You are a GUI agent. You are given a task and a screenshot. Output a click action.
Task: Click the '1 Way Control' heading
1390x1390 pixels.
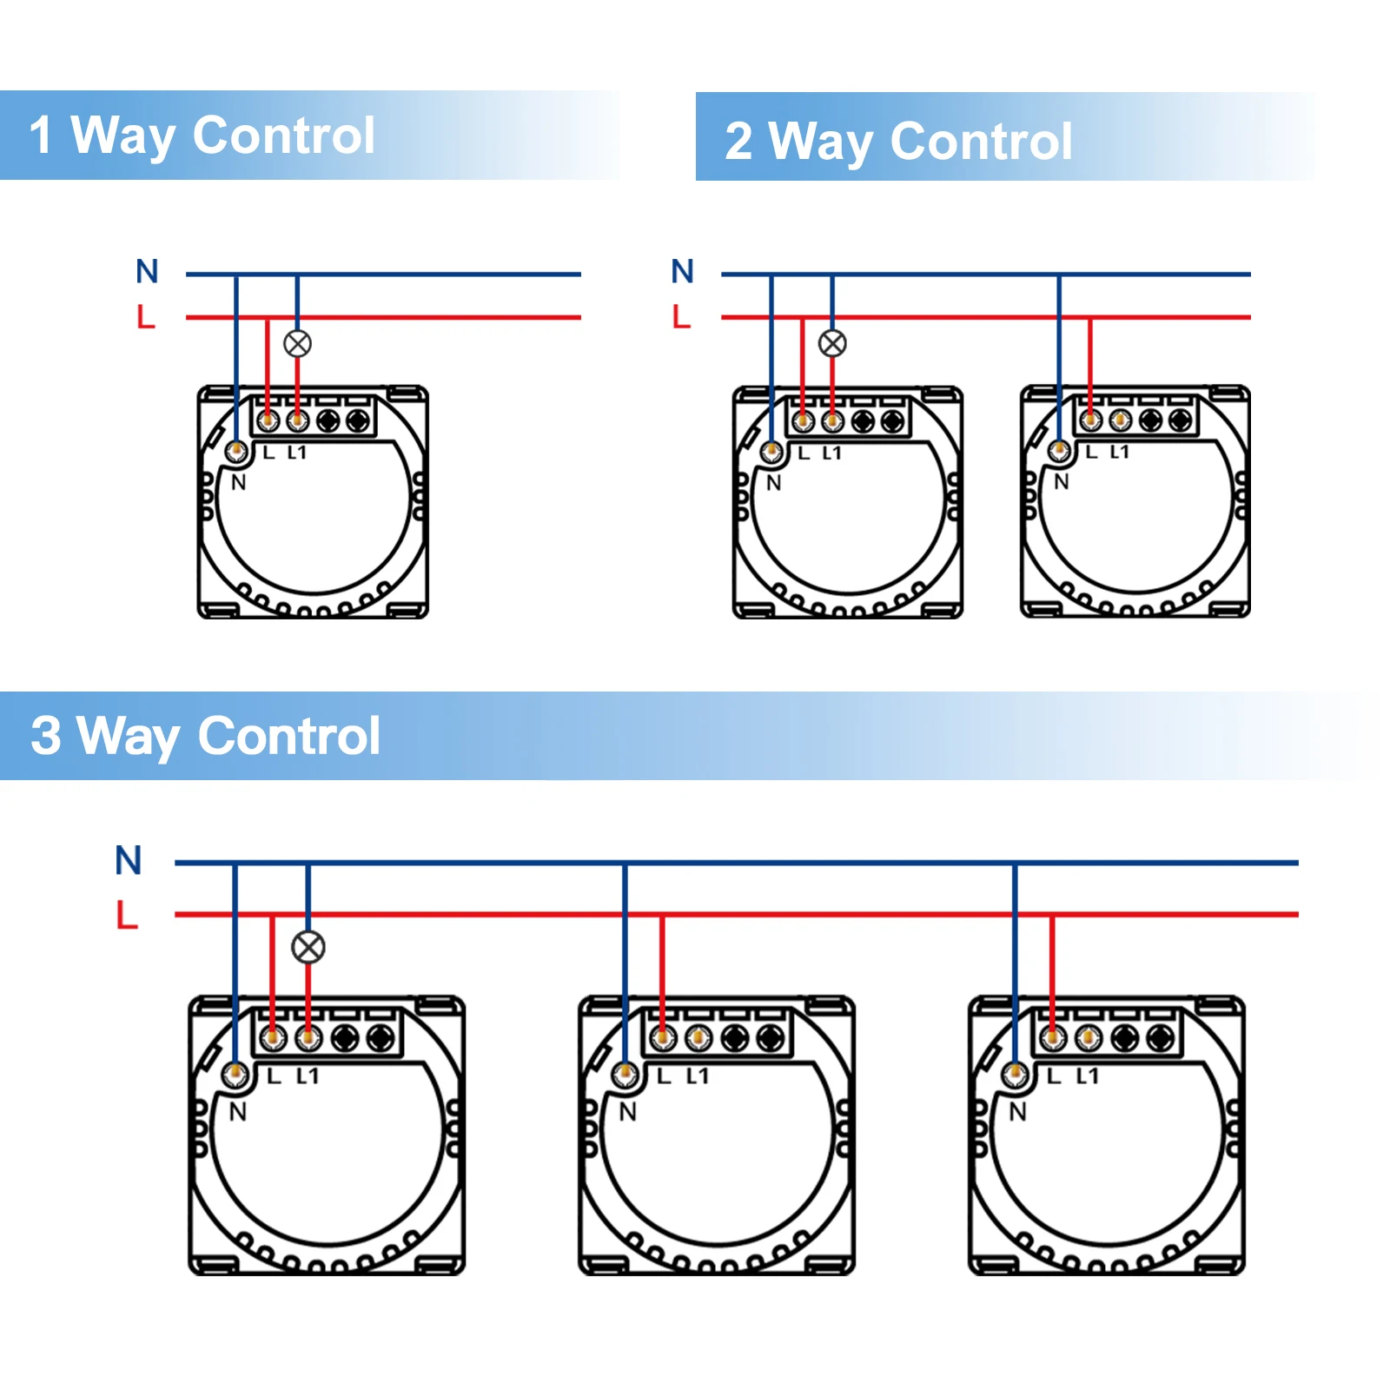click(x=202, y=136)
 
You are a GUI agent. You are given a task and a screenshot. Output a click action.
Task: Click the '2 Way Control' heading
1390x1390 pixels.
click(x=898, y=141)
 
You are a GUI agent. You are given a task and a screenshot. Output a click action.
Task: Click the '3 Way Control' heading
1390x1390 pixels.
click(x=205, y=736)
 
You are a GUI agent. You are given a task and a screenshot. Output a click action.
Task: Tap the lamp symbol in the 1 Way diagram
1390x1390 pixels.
click(x=297, y=344)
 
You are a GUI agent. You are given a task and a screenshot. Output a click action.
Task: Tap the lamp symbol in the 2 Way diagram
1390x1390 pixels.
click(x=832, y=344)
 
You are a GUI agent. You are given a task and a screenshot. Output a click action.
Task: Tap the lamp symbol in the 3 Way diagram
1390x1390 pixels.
click(x=308, y=947)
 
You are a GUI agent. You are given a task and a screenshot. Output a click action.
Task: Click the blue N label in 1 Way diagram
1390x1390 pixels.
click(x=147, y=271)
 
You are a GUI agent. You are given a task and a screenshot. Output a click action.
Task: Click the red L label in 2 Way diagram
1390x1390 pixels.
click(x=681, y=316)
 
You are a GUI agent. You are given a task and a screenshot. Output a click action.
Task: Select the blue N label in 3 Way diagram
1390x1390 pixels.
click(x=129, y=860)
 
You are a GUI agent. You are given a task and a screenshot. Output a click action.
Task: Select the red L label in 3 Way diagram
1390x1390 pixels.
click(x=127, y=915)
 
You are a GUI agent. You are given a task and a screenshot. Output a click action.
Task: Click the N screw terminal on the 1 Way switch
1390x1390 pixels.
click(x=236, y=452)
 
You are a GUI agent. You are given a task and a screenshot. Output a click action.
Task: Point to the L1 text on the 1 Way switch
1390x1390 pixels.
click(x=297, y=453)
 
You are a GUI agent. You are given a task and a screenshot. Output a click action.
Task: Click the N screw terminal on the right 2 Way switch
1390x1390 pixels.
click(x=1059, y=451)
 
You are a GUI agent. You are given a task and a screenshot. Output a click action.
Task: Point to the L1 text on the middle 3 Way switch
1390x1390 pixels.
click(x=698, y=1076)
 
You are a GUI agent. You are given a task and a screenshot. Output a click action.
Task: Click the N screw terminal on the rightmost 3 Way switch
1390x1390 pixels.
click(x=1015, y=1075)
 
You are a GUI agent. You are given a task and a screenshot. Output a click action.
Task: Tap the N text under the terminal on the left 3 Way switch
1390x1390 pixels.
click(x=238, y=1112)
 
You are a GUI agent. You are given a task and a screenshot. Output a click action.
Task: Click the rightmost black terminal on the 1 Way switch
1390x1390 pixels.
click(x=357, y=421)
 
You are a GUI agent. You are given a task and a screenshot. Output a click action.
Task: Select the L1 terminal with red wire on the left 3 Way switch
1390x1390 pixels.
click(x=308, y=1037)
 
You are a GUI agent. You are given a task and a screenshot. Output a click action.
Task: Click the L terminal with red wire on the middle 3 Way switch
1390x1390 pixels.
click(x=663, y=1037)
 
